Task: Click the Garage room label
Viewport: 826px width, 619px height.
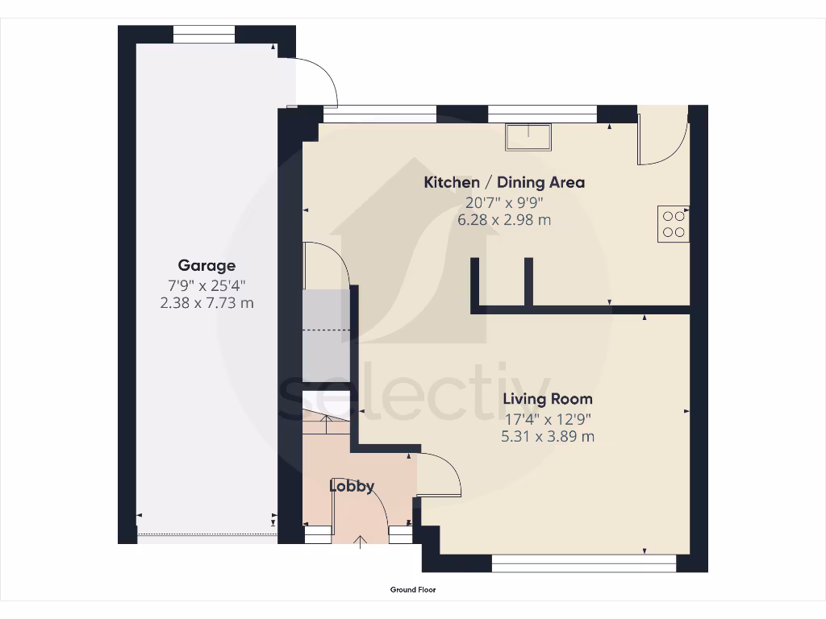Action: tap(206, 265)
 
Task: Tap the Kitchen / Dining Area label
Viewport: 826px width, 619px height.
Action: tap(504, 182)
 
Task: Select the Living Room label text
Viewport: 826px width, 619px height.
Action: tap(548, 398)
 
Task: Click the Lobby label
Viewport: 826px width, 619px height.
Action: tap(352, 486)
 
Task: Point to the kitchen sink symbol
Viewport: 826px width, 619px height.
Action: tap(528, 136)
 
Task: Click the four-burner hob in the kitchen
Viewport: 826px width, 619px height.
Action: tap(673, 224)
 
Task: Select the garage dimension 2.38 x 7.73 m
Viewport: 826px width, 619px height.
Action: tap(206, 302)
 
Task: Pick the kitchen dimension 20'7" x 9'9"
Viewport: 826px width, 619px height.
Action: tap(504, 201)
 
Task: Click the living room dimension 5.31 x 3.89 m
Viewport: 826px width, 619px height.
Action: tap(548, 437)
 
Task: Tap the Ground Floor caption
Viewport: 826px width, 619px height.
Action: tap(413, 590)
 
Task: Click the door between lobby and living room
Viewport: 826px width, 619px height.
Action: tap(440, 476)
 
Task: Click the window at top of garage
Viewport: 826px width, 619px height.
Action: tap(204, 34)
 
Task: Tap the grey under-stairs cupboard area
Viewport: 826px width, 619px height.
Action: tap(326, 334)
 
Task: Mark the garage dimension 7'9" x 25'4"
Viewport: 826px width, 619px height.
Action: tap(206, 285)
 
